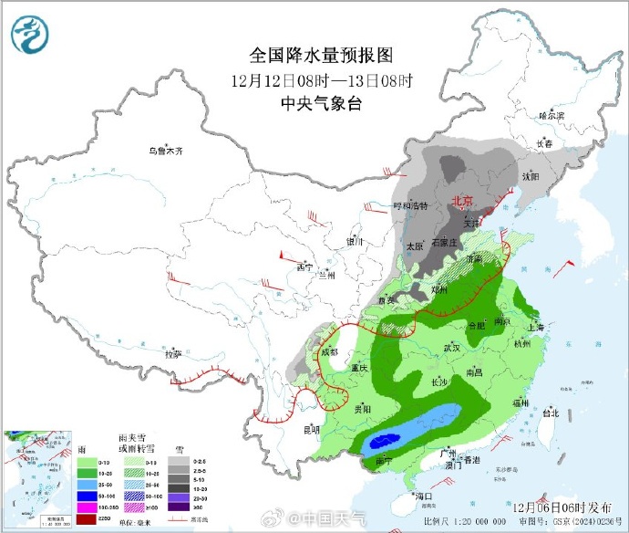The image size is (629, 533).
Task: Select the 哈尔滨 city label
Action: (552, 116)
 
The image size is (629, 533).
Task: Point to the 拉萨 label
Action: (173, 353)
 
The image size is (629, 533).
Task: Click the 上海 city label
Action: (535, 327)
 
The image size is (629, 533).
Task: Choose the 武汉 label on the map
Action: (451, 348)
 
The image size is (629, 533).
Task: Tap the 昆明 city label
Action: (311, 428)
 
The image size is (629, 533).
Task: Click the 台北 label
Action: (551, 412)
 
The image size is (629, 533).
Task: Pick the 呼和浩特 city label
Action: (409, 206)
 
